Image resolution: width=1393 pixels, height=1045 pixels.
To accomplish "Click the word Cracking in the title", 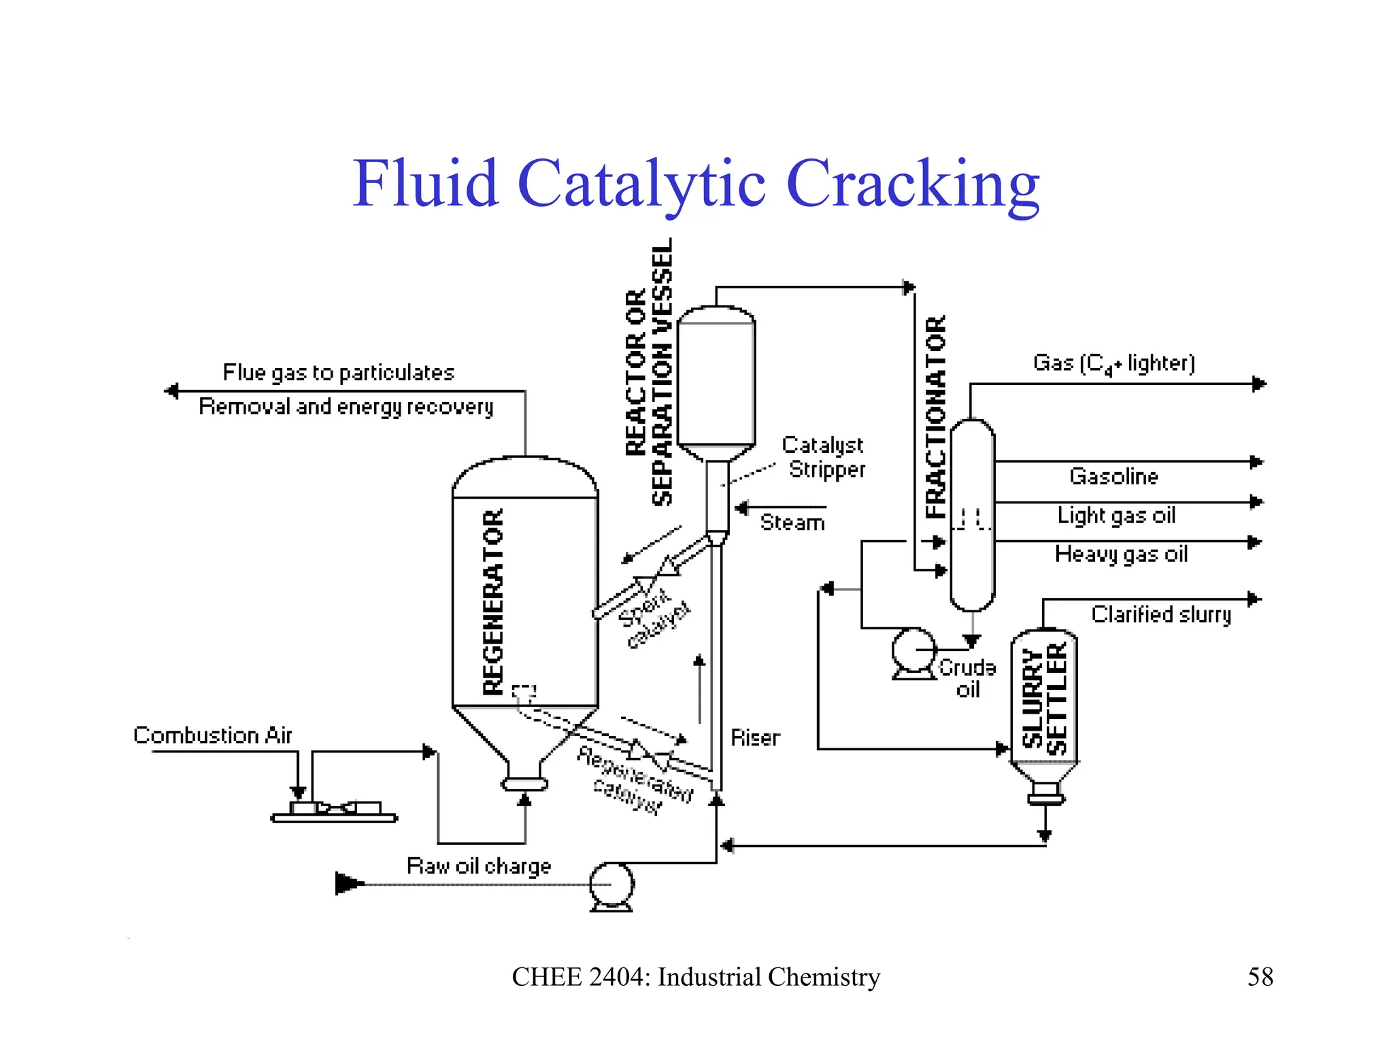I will (x=912, y=184).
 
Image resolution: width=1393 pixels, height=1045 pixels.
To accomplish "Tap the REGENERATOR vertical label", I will (x=493, y=601).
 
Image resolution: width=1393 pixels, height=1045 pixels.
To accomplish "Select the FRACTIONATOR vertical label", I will (x=936, y=416).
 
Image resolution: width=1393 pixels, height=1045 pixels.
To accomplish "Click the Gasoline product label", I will (x=1113, y=476).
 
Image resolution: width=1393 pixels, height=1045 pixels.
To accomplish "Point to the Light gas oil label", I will (x=1116, y=516).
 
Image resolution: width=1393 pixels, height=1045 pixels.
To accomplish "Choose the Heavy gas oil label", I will (x=1121, y=554).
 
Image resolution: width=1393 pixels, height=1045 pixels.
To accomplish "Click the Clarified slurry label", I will (x=1161, y=614).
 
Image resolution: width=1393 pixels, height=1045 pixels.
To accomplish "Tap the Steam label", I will (x=792, y=522).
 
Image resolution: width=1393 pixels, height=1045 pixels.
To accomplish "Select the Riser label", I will (x=755, y=737).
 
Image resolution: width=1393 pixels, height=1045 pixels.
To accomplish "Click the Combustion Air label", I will (x=212, y=735).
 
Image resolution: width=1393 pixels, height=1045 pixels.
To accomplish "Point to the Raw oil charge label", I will (x=479, y=866).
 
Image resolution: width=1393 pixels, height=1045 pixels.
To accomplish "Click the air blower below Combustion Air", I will (x=334, y=811).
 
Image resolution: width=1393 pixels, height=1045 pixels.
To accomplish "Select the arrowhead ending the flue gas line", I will (x=171, y=391).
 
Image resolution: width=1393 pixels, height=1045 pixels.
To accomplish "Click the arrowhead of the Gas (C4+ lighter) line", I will (x=1259, y=384).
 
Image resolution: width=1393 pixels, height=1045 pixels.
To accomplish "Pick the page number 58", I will (x=1260, y=977).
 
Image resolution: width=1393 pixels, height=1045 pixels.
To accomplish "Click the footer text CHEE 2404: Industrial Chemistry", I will (x=696, y=977).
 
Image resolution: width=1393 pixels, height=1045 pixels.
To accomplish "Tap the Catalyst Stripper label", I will (x=824, y=457).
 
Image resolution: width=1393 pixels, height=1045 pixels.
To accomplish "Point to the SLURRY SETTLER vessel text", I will (x=1044, y=699).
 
